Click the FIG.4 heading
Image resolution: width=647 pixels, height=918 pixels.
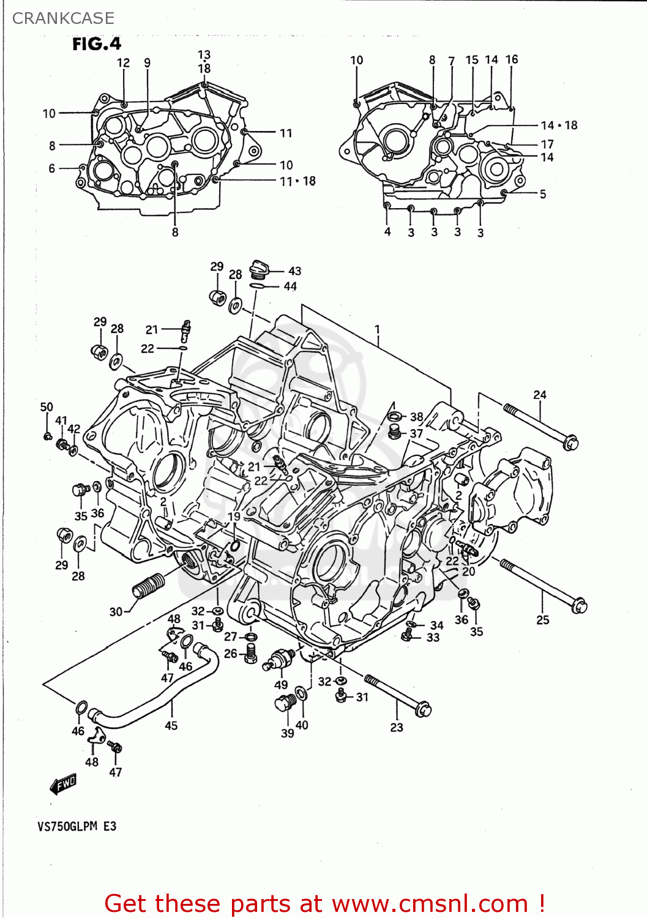[97, 44]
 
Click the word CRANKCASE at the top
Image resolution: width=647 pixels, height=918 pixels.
[63, 18]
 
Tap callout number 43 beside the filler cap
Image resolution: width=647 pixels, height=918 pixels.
[294, 271]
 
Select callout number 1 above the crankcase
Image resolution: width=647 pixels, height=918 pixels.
[378, 329]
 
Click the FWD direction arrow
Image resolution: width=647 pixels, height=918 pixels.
[63, 784]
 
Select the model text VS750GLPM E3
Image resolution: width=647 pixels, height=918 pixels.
[77, 826]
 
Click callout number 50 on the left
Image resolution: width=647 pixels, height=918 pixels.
[47, 407]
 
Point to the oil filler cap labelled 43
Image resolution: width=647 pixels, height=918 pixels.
[260, 269]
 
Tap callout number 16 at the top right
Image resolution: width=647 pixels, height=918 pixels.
[512, 59]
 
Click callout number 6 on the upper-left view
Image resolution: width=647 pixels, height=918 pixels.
[52, 168]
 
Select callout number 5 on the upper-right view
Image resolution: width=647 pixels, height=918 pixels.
[542, 194]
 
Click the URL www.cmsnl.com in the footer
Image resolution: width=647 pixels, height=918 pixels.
[430, 903]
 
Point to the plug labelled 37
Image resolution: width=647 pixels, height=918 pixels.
[395, 433]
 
